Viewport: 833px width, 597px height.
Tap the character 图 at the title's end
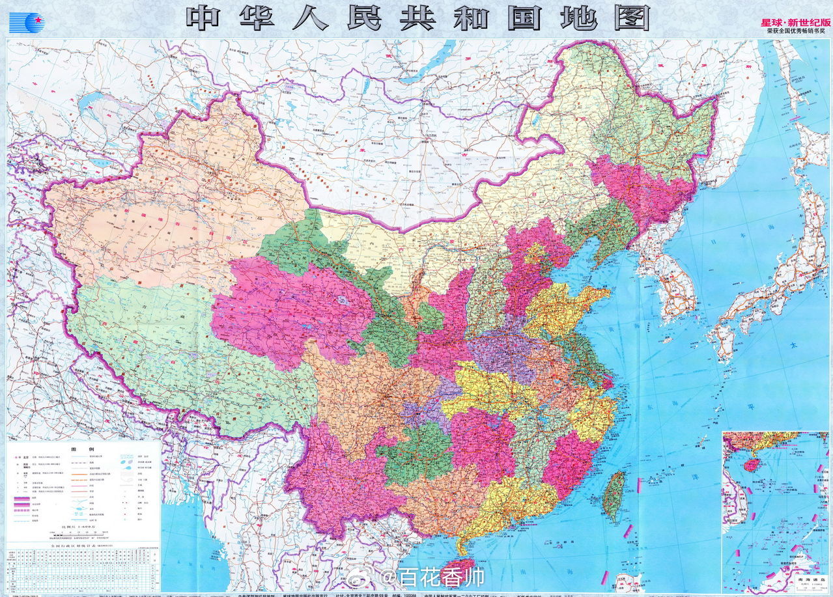pyautogui.click(x=630, y=18)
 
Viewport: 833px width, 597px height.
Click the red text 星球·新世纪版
pyautogui.click(x=796, y=22)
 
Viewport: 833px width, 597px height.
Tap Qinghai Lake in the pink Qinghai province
pyautogui.click(x=341, y=301)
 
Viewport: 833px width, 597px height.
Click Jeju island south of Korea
pyautogui.click(x=666, y=339)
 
